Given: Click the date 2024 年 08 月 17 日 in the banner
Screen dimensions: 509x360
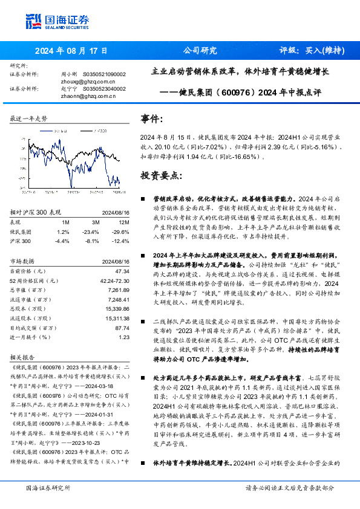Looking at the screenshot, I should point(71,51).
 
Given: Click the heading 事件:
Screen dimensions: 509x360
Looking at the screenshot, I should point(151,118).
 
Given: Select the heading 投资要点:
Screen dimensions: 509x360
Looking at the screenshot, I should point(160,175).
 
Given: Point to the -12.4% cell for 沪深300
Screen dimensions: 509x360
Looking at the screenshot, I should point(122,240).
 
